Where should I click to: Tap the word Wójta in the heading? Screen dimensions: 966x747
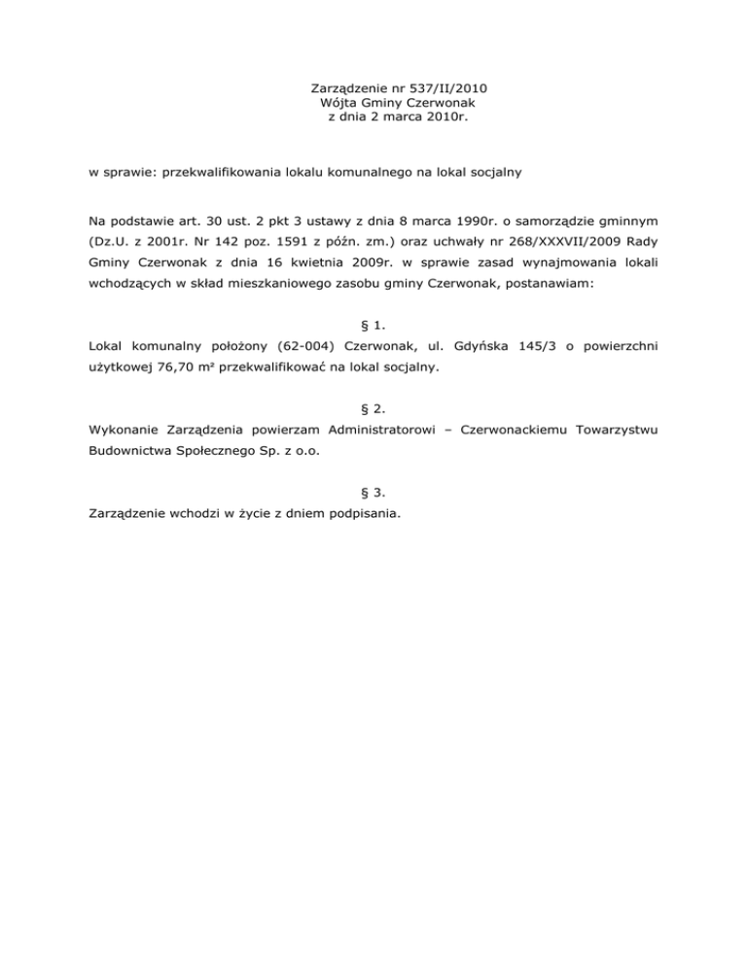(338, 102)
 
